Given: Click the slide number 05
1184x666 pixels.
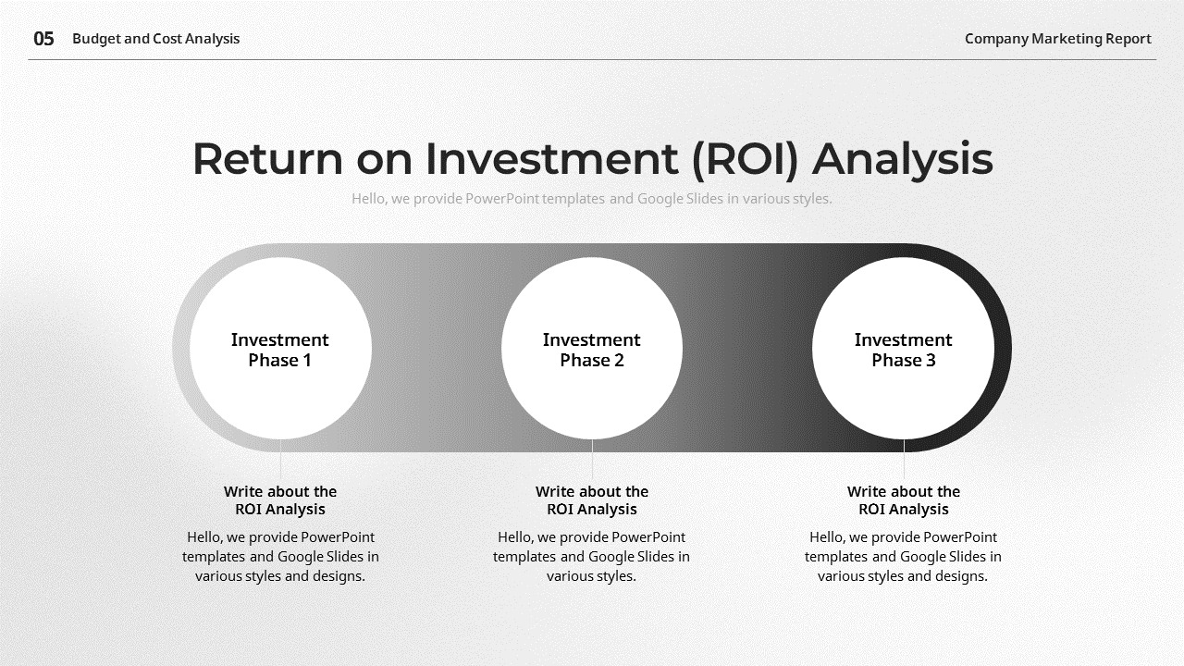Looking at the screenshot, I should (x=43, y=39).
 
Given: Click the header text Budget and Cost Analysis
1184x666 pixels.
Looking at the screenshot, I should (x=155, y=39).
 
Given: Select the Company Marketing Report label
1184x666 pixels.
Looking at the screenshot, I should (x=1057, y=39).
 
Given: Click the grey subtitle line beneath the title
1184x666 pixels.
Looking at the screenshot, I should (x=591, y=198).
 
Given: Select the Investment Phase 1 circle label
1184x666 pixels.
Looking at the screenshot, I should (x=280, y=350).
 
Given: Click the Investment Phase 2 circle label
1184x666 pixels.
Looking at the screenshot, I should (x=592, y=350).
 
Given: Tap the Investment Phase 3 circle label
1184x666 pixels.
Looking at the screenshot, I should (x=903, y=350).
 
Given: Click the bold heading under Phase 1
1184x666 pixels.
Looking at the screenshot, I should (x=280, y=500).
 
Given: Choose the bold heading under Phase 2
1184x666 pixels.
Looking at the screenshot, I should (x=592, y=500).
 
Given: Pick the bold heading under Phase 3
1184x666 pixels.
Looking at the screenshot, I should (x=903, y=500).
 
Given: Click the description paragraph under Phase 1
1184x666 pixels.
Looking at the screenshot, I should (x=280, y=556).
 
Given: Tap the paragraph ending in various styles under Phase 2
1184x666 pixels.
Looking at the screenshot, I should (x=592, y=556).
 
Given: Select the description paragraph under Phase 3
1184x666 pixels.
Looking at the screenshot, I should (x=903, y=556).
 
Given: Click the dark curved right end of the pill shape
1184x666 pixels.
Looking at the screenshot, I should (x=1003, y=348).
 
